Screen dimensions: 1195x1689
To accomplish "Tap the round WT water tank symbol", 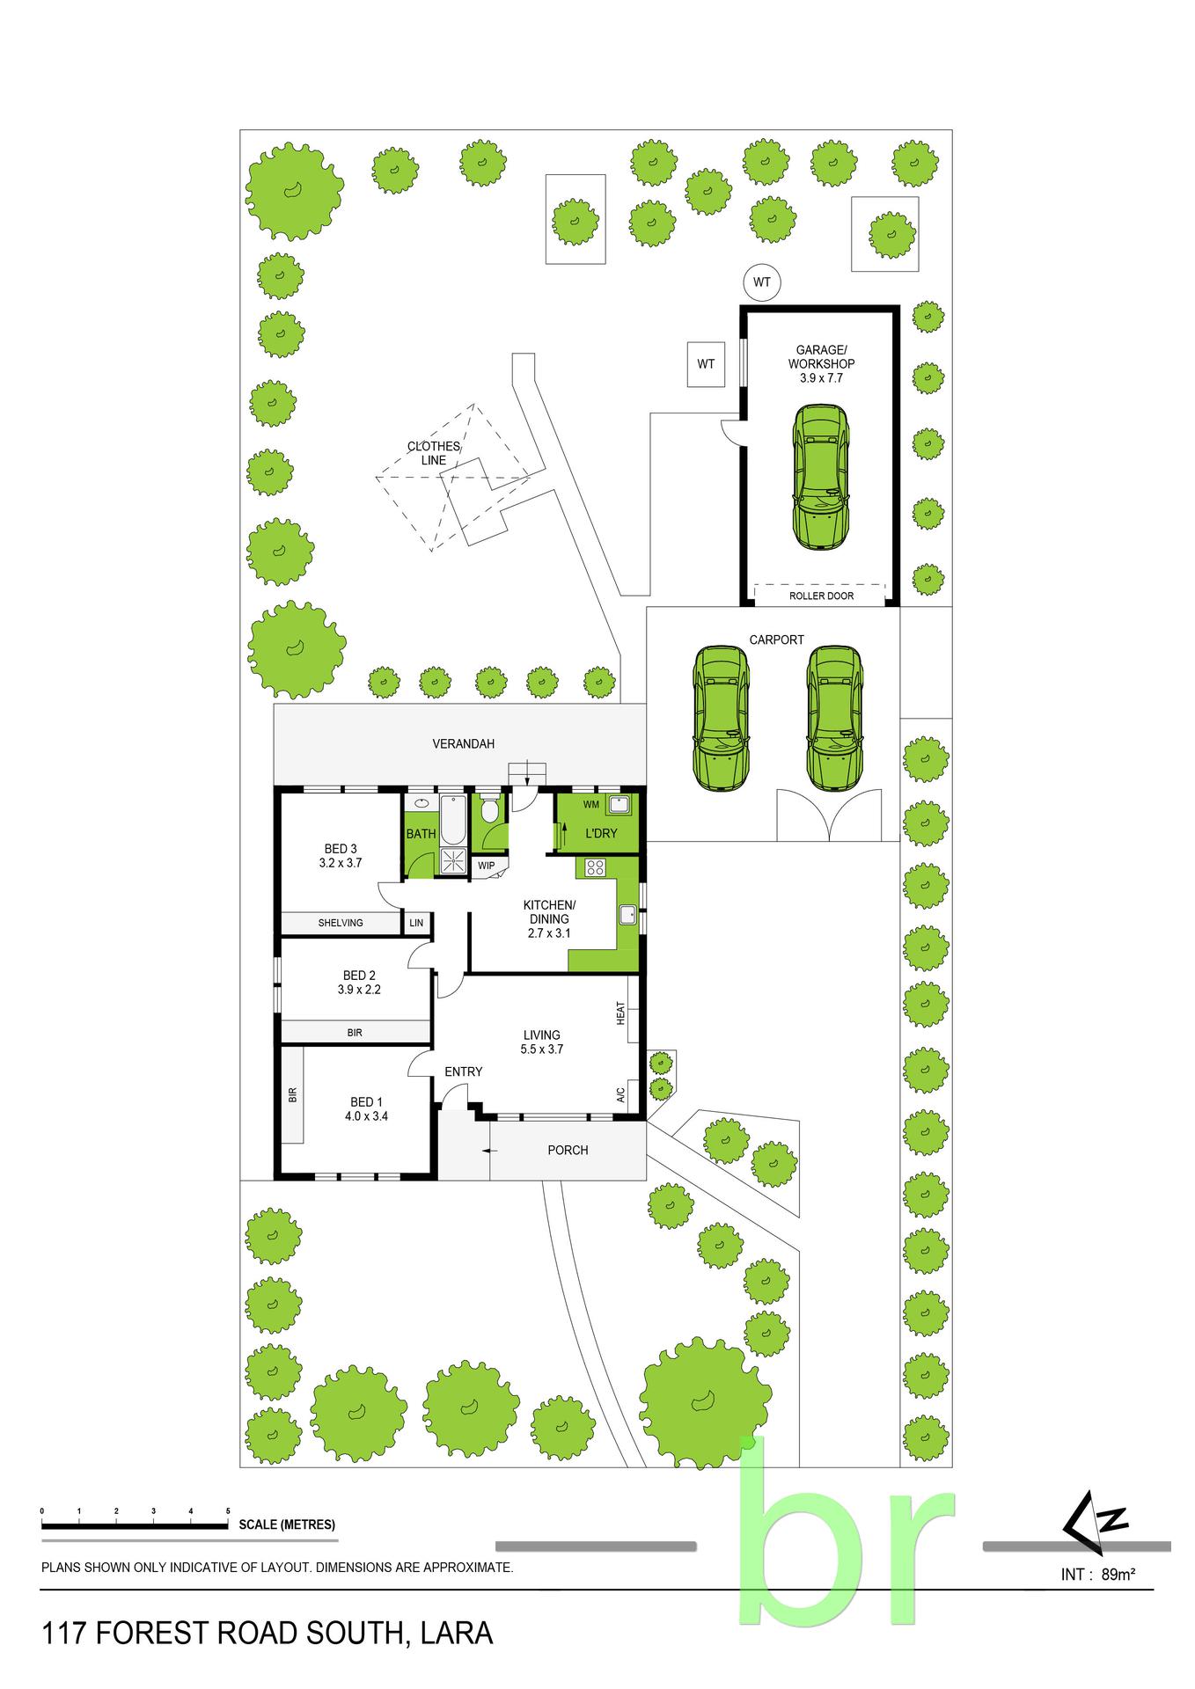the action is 761,282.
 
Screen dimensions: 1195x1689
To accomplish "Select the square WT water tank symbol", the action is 706,363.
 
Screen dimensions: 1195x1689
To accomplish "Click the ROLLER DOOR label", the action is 821,596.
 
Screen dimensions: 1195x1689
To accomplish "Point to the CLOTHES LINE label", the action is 433,453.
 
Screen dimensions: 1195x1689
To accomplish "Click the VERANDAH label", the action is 463,743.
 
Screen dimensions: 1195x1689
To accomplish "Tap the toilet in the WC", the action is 490,810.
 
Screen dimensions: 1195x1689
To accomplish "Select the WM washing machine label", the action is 591,805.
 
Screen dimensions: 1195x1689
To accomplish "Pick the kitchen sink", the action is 627,914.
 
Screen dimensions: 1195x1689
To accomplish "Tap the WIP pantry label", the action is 487,866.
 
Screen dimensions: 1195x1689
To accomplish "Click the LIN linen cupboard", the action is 416,923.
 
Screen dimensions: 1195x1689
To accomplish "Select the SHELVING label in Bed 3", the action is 341,923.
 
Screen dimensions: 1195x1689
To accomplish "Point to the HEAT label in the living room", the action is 620,1013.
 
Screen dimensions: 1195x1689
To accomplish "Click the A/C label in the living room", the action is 620,1095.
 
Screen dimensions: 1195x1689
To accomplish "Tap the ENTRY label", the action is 463,1071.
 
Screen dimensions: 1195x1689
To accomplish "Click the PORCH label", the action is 568,1150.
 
